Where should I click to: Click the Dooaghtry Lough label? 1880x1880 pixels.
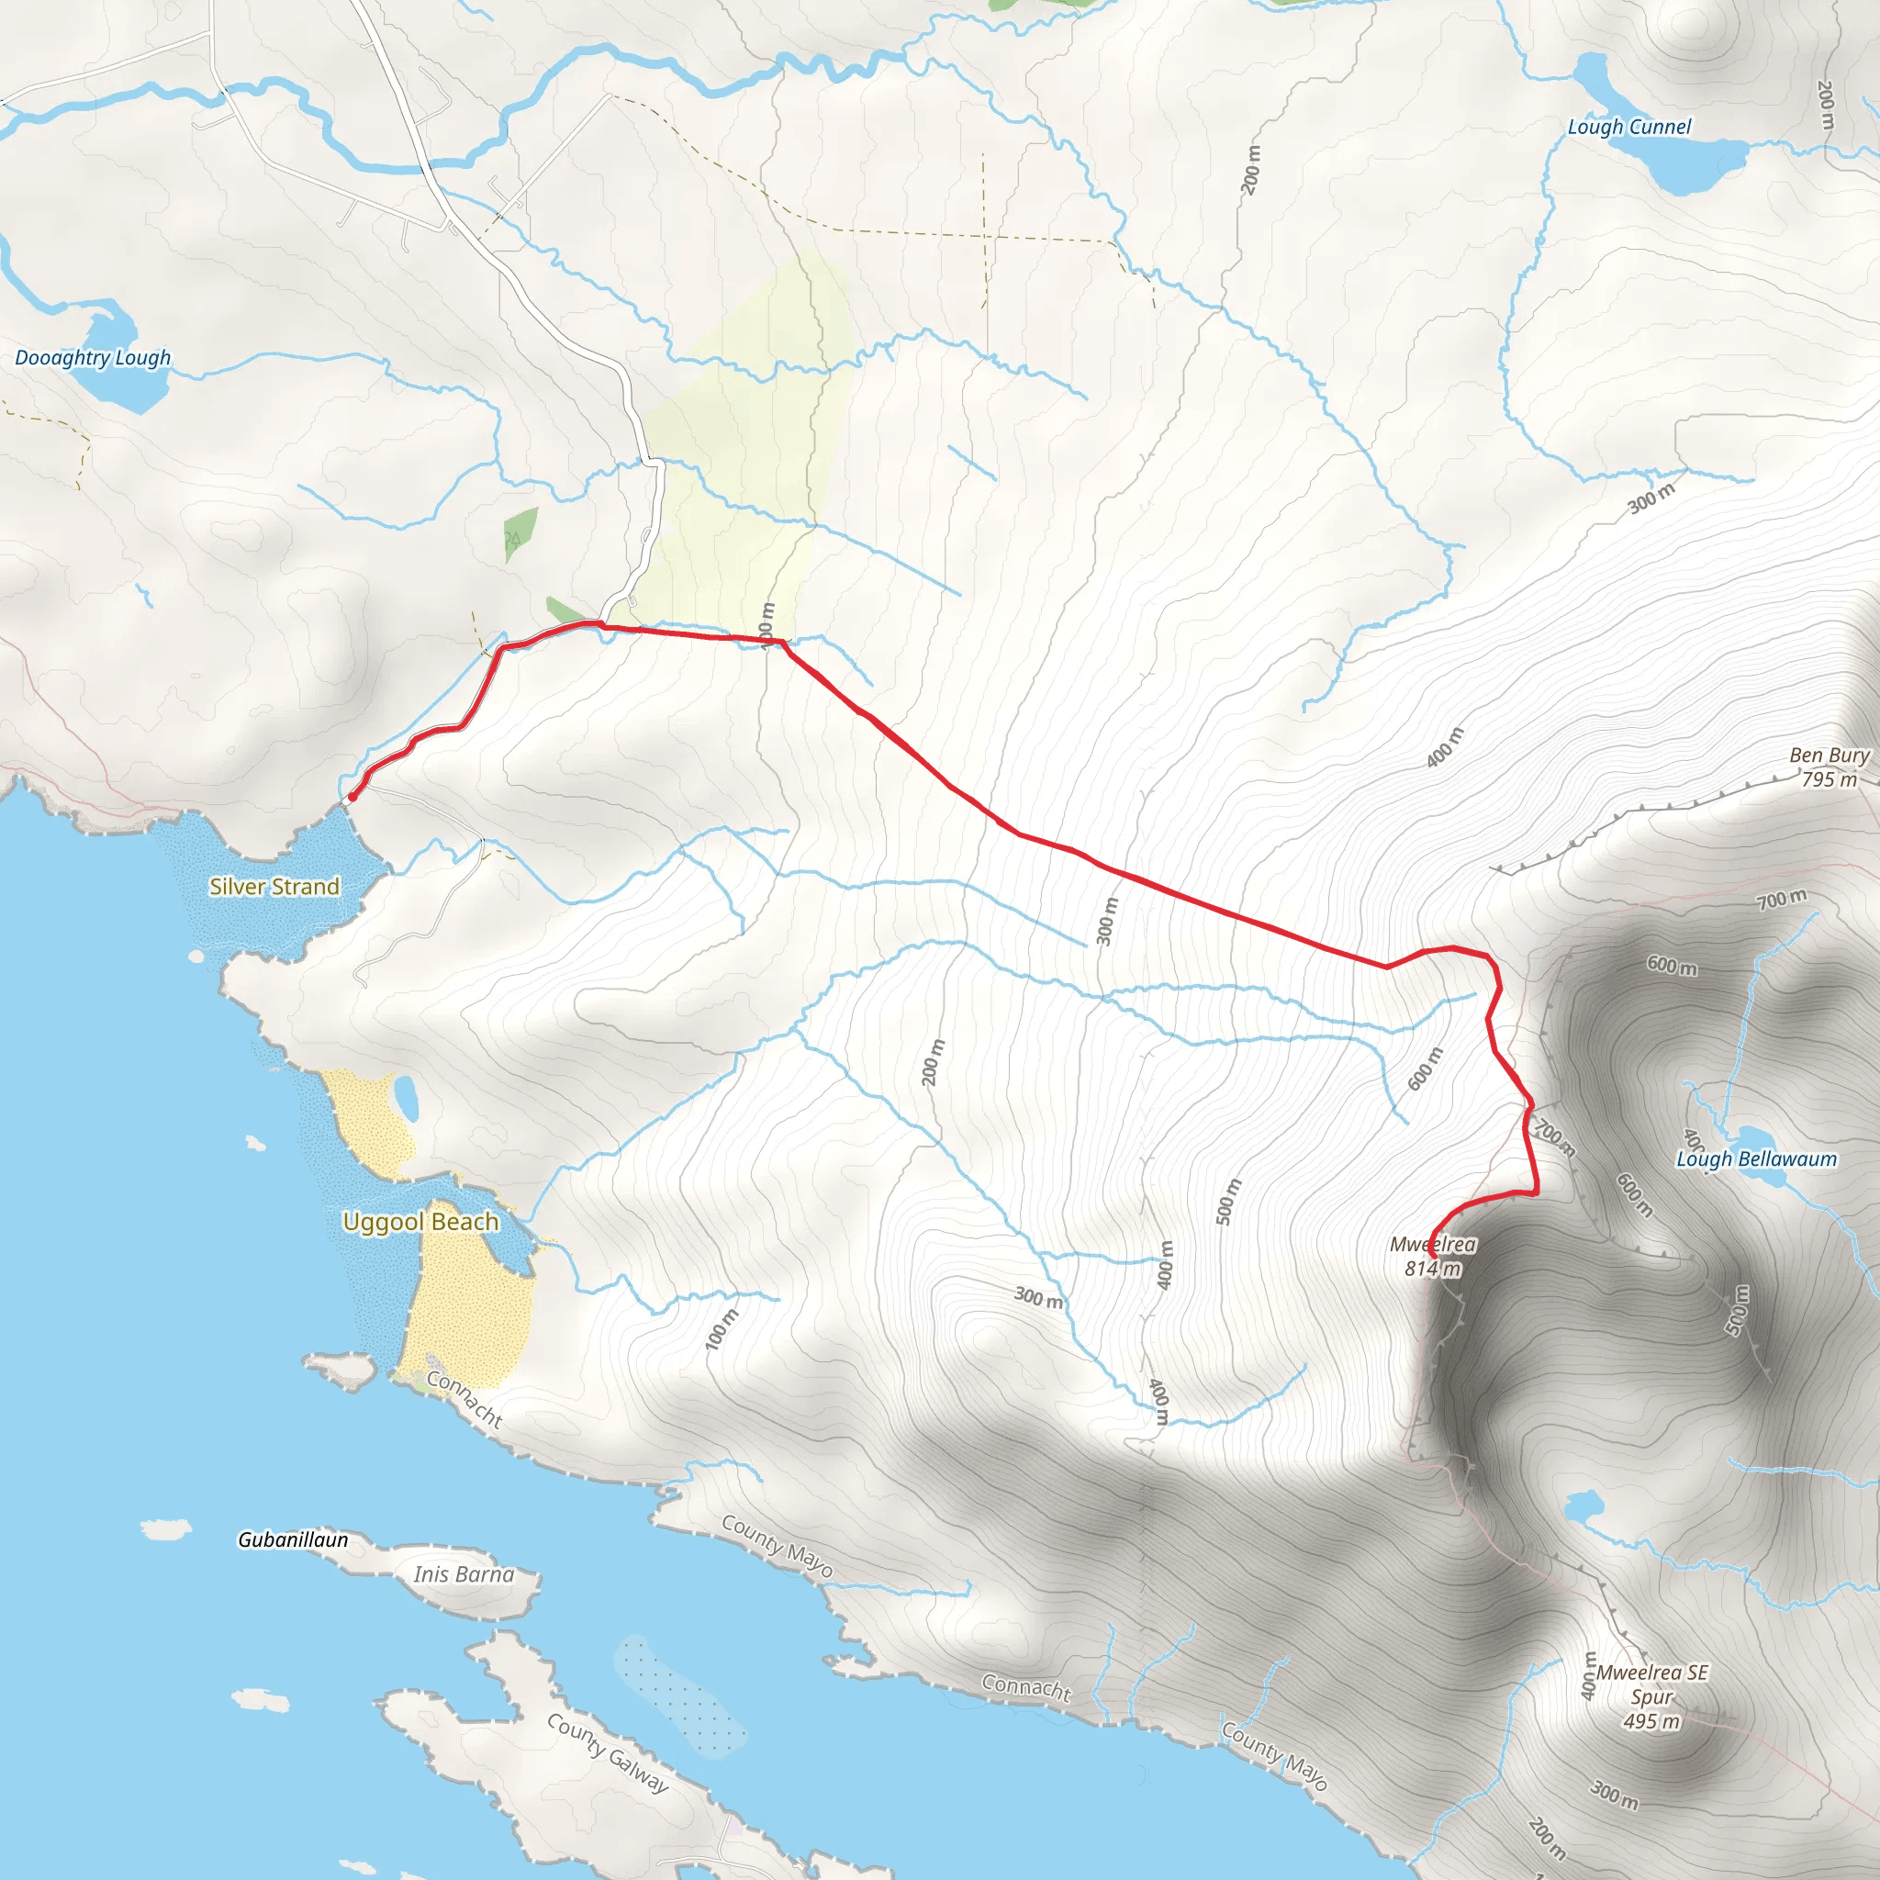[93, 358]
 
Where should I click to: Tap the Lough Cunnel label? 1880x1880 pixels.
[1629, 127]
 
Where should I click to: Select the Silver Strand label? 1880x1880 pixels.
[274, 887]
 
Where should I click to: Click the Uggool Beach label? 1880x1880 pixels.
[420, 1221]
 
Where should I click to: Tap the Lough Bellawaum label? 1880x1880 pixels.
[1755, 1159]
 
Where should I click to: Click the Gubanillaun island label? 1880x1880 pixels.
[293, 1539]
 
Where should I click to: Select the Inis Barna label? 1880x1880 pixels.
[464, 1574]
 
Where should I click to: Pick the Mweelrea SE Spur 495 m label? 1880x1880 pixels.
[1651, 1697]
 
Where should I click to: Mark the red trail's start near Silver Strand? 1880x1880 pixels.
[352, 798]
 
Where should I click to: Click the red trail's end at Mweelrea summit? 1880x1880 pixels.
[1433, 1258]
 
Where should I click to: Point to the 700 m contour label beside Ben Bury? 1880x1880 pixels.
[1782, 899]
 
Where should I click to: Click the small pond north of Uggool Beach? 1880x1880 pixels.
[406, 1099]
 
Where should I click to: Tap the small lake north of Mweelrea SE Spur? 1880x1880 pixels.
[1583, 1507]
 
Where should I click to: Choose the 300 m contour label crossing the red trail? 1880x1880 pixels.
[1106, 921]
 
